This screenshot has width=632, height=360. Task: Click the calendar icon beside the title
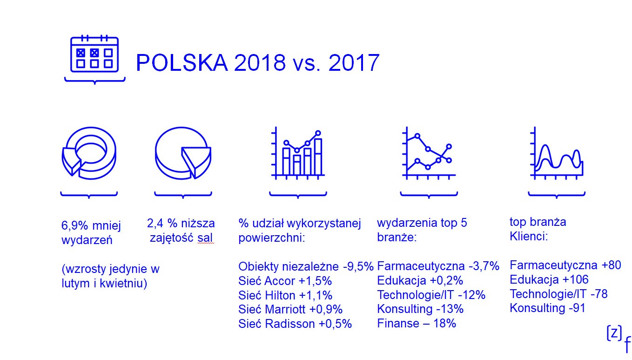94,54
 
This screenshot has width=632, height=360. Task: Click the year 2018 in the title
260,62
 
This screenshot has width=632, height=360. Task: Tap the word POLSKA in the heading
182,62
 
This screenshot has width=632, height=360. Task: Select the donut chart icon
89,153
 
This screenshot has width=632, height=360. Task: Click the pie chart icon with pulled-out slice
183,153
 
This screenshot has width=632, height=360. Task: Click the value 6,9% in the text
74,225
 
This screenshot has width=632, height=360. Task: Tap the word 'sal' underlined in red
205,238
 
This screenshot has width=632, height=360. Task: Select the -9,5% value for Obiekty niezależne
358,266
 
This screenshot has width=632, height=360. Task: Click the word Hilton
281,295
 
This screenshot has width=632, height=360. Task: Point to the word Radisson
290,324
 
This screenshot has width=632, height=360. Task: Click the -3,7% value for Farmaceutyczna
484,266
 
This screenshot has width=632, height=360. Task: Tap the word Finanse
398,323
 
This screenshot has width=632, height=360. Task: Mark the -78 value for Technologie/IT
598,294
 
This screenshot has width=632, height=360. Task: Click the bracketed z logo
614,333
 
